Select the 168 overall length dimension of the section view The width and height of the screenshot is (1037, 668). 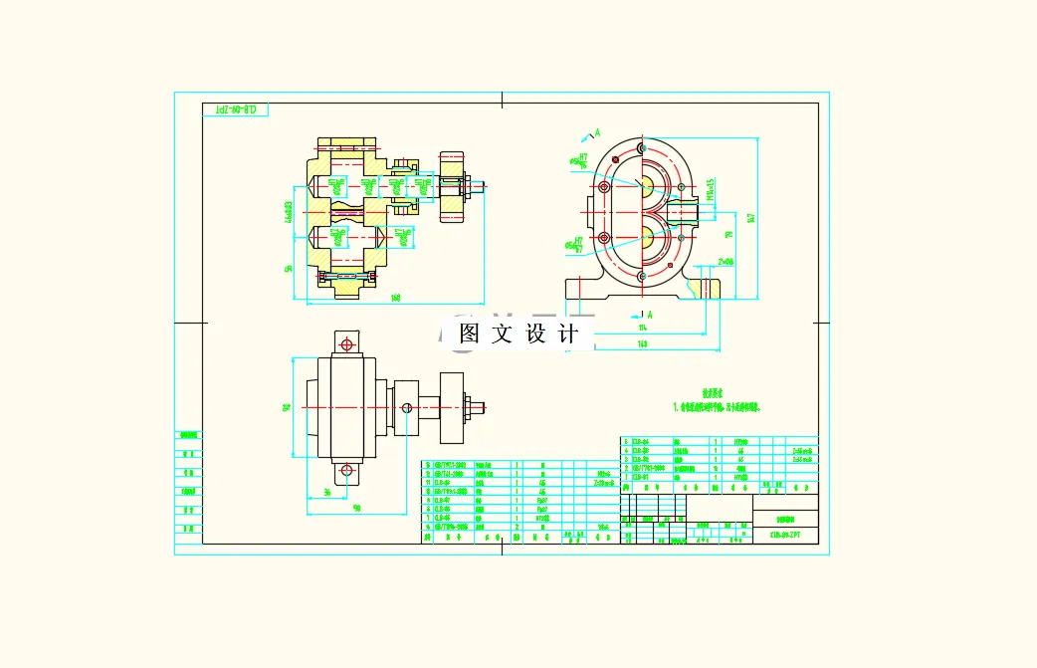pyautogui.click(x=395, y=298)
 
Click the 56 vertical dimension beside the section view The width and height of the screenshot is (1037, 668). pyautogui.click(x=289, y=268)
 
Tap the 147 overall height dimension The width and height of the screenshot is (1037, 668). pyautogui.click(x=751, y=217)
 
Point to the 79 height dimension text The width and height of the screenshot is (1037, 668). pyautogui.click(x=728, y=236)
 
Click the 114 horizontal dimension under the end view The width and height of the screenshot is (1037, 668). pyautogui.click(x=642, y=327)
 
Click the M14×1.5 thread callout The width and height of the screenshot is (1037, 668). pyautogui.click(x=710, y=189)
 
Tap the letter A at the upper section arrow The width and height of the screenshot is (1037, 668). pyautogui.click(x=598, y=131)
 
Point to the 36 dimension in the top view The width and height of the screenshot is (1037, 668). pyautogui.click(x=326, y=493)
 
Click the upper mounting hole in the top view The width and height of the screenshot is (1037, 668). pyautogui.click(x=346, y=343)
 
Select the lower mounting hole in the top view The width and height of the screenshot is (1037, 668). pyautogui.click(x=346, y=470)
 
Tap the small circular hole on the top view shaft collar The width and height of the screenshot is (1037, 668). pyautogui.click(x=406, y=406)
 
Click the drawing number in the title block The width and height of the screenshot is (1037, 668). pyautogui.click(x=786, y=535)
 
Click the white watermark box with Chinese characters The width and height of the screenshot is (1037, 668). pyautogui.click(x=518, y=334)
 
